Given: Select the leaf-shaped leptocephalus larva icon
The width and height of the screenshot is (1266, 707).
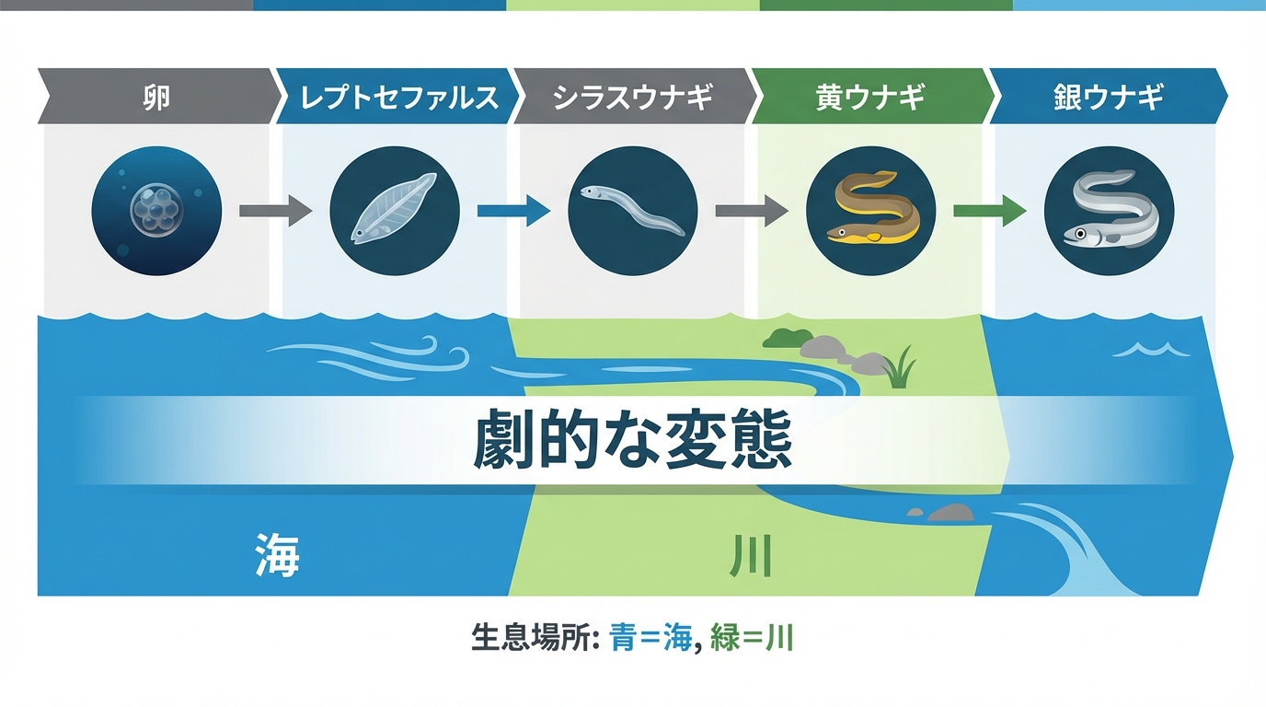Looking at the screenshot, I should [x=394, y=211].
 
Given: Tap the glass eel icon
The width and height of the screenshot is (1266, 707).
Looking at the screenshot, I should [x=632, y=211].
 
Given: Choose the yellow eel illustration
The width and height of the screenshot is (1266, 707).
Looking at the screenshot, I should [x=870, y=211].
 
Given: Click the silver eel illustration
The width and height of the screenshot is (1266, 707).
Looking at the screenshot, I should [x=1109, y=211].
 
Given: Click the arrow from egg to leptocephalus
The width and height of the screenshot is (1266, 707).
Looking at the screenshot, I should [x=275, y=211].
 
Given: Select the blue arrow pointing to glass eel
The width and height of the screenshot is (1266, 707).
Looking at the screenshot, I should [x=513, y=211].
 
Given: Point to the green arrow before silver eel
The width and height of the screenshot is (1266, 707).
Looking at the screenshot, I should [x=989, y=211].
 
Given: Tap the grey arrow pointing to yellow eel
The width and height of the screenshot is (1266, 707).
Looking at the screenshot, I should [x=751, y=211].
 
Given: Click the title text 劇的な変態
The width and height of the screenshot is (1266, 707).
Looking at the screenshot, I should [x=632, y=442].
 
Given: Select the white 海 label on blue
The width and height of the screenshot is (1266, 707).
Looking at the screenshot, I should [x=277, y=555].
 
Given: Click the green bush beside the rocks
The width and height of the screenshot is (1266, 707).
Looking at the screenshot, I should [x=787, y=338].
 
